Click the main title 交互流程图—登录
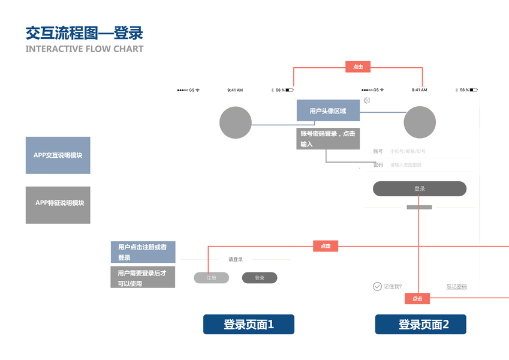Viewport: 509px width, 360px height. click(84, 33)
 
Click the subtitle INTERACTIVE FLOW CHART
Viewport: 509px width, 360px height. click(85, 49)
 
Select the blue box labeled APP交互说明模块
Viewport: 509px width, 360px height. click(58, 155)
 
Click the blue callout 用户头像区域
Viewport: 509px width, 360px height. click(328, 111)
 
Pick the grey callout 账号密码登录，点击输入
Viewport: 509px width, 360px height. click(328, 139)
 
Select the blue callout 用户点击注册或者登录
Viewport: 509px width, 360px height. click(143, 252)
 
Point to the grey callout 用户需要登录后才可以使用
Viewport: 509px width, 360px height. click(143, 278)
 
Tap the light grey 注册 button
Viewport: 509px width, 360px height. click(211, 278)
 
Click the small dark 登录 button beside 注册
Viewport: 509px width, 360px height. click(260, 278)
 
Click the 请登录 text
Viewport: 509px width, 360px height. click(236, 259)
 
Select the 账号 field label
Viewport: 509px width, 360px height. click(378, 151)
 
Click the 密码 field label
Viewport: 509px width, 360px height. click(378, 164)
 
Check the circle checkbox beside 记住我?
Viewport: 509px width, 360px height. click(377, 286)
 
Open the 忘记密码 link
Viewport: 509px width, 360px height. click(456, 287)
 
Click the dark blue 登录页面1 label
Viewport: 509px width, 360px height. click(249, 325)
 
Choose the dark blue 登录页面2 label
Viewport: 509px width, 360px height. click(421, 325)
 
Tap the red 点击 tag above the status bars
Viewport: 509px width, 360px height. click(358, 67)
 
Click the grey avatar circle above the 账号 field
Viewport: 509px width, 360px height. click(420, 122)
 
